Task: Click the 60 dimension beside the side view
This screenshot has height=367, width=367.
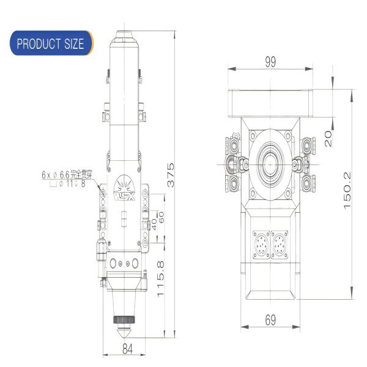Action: pyautogui.click(x=161, y=217)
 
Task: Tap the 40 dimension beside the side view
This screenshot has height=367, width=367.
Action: pyautogui.click(x=154, y=224)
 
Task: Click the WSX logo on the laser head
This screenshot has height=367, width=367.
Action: pyautogui.click(x=124, y=195)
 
